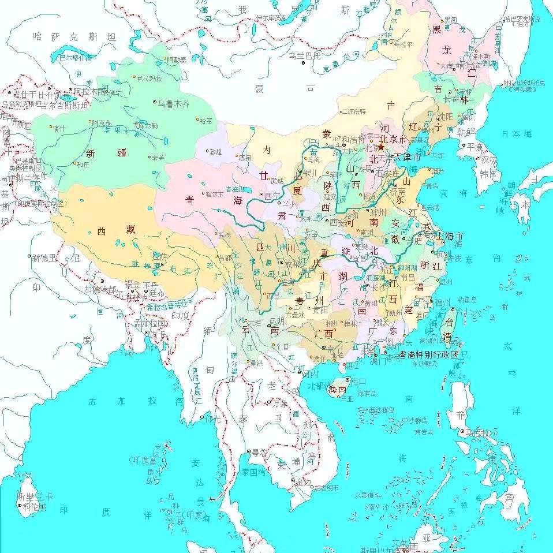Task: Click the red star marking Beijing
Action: [381, 147]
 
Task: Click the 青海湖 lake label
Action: [235, 189]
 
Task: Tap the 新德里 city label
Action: [45, 257]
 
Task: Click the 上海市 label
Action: [450, 237]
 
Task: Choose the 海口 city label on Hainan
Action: [358, 382]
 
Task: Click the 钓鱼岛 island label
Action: [465, 300]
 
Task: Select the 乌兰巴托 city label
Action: [305, 55]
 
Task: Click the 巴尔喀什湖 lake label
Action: [76, 57]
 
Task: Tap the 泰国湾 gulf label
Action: [253, 471]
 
